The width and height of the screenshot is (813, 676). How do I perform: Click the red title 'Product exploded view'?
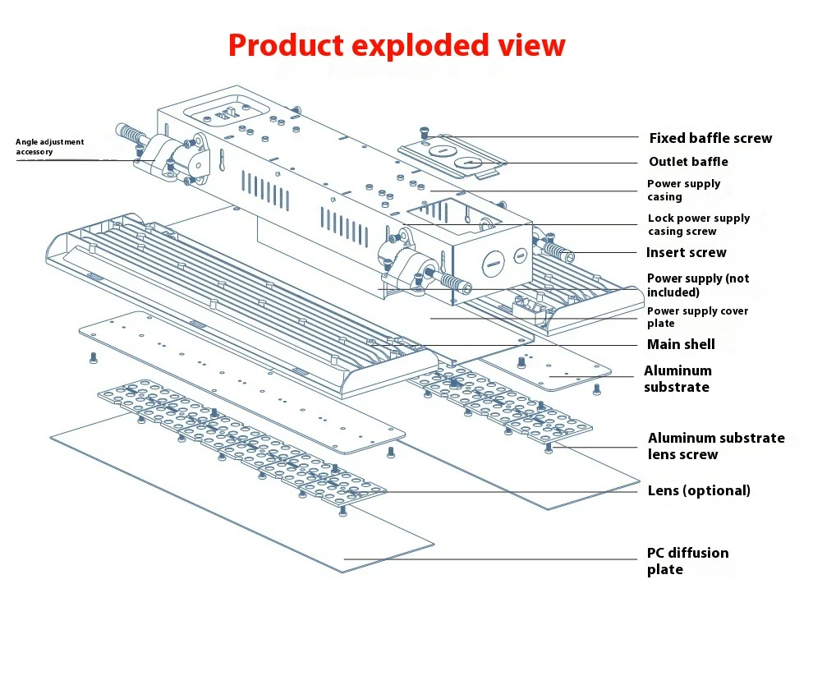click(397, 44)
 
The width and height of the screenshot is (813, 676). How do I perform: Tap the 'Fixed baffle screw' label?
click(710, 138)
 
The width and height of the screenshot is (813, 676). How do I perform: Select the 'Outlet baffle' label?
click(688, 162)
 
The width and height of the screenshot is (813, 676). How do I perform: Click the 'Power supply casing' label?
click(683, 190)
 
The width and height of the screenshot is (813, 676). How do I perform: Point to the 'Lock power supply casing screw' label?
click(698, 224)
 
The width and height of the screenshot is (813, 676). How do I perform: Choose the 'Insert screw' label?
click(686, 252)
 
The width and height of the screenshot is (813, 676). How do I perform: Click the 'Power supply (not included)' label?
click(697, 285)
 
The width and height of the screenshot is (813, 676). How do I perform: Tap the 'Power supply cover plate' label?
click(697, 317)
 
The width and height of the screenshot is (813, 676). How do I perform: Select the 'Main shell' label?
click(681, 344)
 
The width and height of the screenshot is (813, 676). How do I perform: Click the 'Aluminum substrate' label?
click(677, 379)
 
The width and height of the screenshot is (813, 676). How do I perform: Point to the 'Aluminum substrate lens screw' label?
click(715, 446)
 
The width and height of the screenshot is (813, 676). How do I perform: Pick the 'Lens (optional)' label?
click(699, 490)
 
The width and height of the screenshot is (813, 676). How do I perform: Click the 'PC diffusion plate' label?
click(687, 561)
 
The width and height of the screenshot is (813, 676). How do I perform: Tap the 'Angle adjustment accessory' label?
click(49, 146)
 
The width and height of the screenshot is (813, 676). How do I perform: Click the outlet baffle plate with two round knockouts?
click(452, 157)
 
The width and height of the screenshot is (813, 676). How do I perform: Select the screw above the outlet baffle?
click(424, 132)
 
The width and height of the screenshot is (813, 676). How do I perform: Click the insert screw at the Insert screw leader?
click(558, 251)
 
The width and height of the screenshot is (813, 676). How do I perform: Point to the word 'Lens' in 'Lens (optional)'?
click(664, 490)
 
